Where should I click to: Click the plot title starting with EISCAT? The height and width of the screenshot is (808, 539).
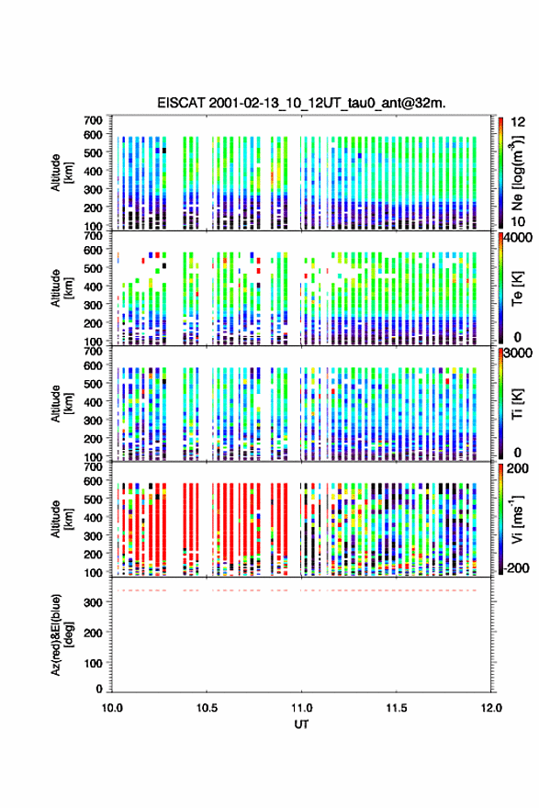(x=301, y=103)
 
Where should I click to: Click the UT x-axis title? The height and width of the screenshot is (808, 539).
(x=301, y=724)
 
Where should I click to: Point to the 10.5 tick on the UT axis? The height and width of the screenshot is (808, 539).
(x=207, y=708)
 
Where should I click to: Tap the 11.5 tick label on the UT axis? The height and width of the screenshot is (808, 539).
(x=397, y=708)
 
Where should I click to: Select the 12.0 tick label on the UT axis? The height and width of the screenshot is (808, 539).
(x=491, y=708)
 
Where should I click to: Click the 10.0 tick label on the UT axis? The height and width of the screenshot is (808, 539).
(x=112, y=708)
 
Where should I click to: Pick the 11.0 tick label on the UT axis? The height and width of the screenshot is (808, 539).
(x=301, y=708)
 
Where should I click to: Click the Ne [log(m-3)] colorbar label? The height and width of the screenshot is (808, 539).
(x=517, y=174)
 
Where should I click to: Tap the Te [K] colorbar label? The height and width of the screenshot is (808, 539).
(x=517, y=288)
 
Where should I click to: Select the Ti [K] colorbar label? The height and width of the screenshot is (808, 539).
(x=517, y=404)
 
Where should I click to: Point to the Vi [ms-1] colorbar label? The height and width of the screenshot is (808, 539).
(x=517, y=519)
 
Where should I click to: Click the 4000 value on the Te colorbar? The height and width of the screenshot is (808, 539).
(x=519, y=238)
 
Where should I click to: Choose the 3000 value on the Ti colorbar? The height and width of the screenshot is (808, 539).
(x=519, y=353)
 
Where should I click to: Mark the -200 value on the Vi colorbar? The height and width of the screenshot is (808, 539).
(x=517, y=567)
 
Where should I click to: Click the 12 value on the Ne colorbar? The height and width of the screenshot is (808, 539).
(x=519, y=122)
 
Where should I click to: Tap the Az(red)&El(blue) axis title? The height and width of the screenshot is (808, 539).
(x=60, y=634)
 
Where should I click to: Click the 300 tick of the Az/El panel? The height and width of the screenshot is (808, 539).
(x=94, y=602)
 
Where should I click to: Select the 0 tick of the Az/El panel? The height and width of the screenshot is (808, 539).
(x=99, y=689)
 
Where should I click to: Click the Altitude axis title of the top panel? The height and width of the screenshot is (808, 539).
(x=60, y=173)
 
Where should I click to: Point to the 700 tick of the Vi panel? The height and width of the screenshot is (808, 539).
(x=94, y=467)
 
